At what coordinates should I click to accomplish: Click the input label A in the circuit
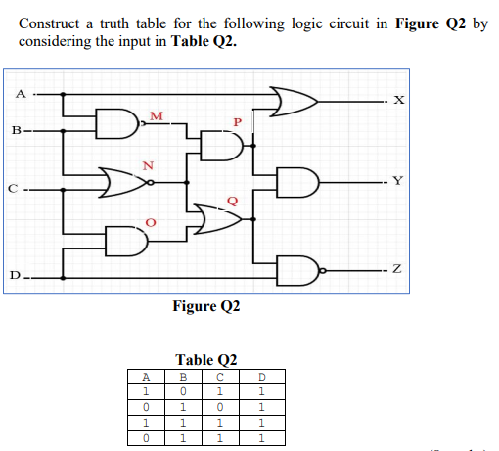pos(18,94)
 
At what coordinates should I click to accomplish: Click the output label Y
pos(395,180)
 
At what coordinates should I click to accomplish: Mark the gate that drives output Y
pos(297,182)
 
